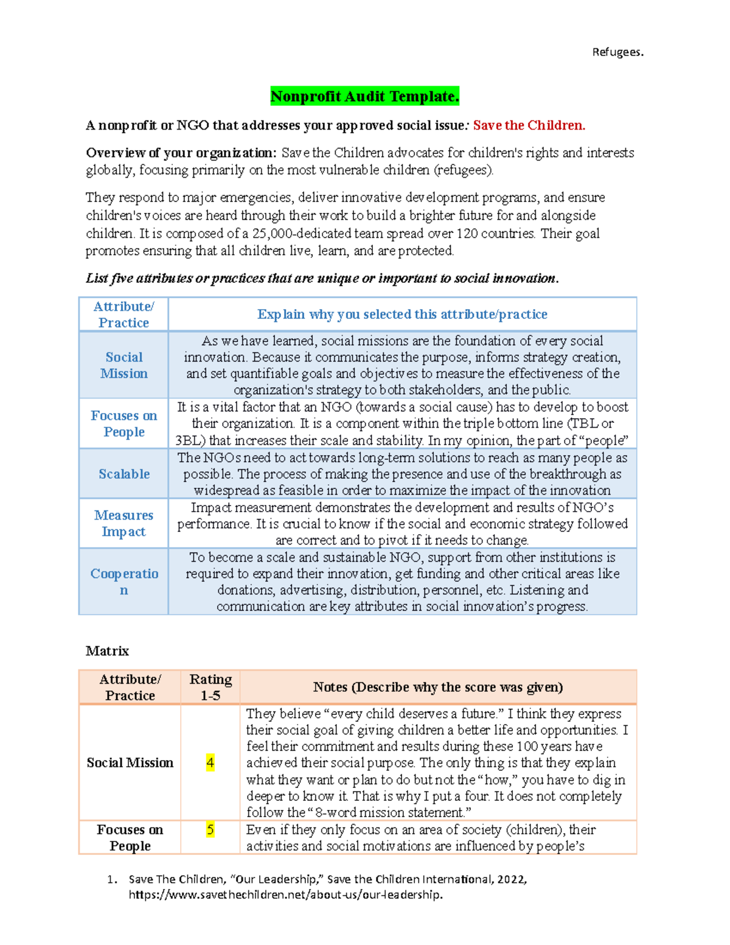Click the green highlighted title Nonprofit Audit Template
pyautogui.click(x=364, y=96)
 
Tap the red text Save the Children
pyautogui.click(x=529, y=125)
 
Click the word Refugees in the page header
pyautogui.click(x=617, y=52)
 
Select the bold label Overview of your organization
pyautogui.click(x=181, y=153)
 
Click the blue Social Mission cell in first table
pyautogui.click(x=123, y=365)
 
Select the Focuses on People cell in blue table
pyautogui.click(x=123, y=424)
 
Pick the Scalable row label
pyautogui.click(x=123, y=474)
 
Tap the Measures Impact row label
pyautogui.click(x=123, y=523)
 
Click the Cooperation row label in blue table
pyautogui.click(x=123, y=582)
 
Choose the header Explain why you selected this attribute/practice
pyautogui.click(x=402, y=315)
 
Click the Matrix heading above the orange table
pyautogui.click(x=107, y=651)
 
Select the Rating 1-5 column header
pyautogui.click(x=210, y=687)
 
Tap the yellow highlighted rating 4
pyautogui.click(x=210, y=762)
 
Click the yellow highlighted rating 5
pyautogui.click(x=210, y=829)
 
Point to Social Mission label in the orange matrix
pyautogui.click(x=130, y=762)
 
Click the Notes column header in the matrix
pyautogui.click(x=437, y=687)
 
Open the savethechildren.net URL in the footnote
pyautogui.click(x=285, y=894)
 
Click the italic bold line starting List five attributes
pyautogui.click(x=322, y=279)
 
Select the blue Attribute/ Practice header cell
pyautogui.click(x=123, y=315)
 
